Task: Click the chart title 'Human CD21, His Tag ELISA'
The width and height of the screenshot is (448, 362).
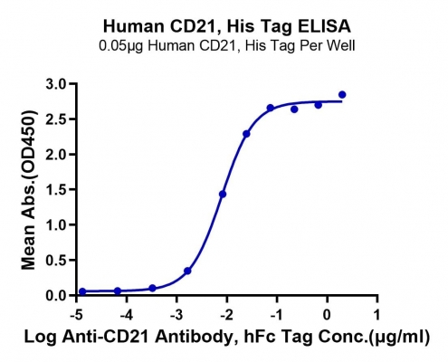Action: click(227, 26)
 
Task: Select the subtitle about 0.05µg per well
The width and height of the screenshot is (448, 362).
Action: click(227, 46)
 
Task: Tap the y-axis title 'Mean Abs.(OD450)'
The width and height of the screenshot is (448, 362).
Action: click(29, 190)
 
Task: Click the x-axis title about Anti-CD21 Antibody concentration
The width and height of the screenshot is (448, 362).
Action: click(226, 337)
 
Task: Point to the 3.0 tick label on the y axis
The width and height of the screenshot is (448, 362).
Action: click(55, 84)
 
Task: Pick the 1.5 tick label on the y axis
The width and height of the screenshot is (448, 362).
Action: click(55, 190)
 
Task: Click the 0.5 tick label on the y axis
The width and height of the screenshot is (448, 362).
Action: click(55, 260)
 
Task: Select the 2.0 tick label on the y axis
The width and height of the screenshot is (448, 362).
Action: click(55, 155)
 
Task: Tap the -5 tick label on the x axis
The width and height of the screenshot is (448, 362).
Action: click(76, 315)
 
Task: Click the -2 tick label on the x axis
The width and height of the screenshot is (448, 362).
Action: click(226, 315)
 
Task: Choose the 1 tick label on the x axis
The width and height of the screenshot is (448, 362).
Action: click(377, 315)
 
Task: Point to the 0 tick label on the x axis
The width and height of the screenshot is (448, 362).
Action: click(327, 315)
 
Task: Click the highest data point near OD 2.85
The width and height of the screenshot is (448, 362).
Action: click(342, 95)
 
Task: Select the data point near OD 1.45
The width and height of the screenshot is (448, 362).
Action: click(223, 195)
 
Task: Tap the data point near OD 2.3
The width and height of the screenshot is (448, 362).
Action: click(246, 134)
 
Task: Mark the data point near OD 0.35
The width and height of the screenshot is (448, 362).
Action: click(187, 271)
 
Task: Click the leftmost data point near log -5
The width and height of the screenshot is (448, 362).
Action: click(82, 291)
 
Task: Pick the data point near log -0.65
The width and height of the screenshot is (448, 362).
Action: click(294, 110)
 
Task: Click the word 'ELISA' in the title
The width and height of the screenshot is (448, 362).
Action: click(324, 26)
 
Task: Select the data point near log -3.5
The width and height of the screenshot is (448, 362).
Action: click(153, 288)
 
